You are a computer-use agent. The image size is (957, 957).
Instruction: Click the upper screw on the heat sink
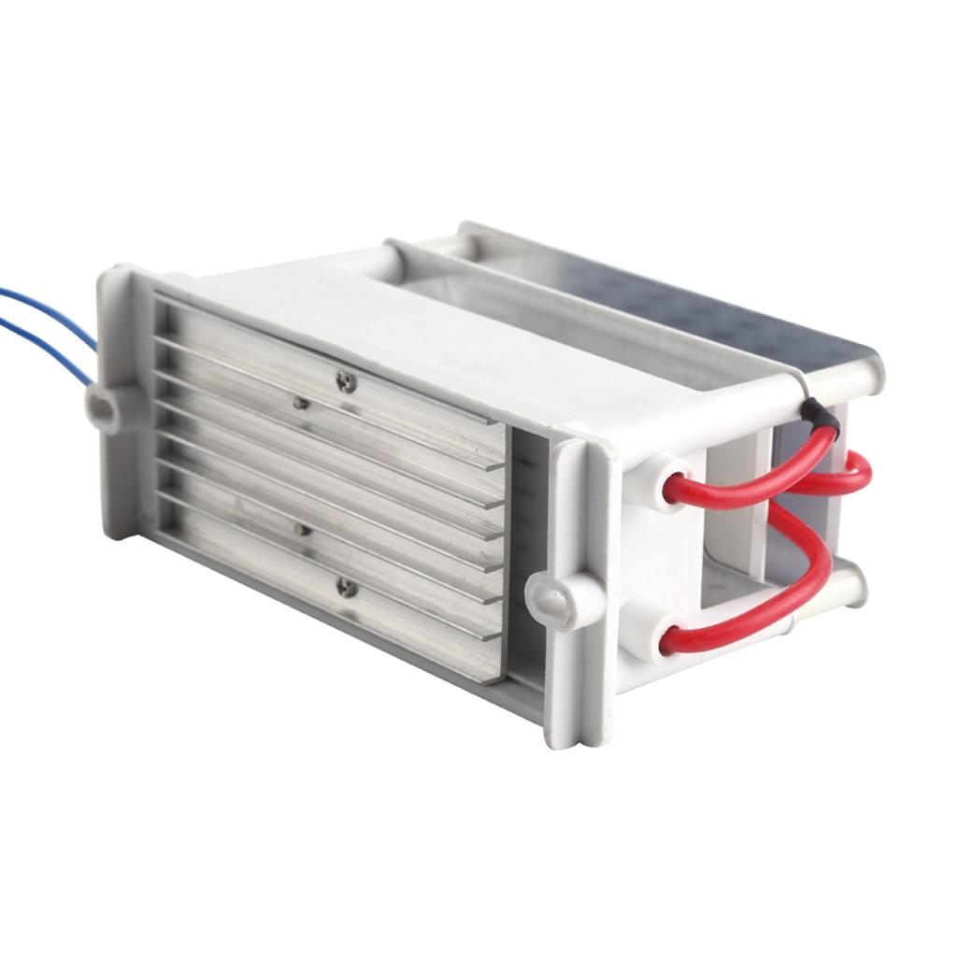click(x=347, y=381)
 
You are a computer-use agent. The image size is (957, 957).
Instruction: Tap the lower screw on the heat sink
click(x=347, y=587)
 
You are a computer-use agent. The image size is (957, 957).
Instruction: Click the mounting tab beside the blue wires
click(x=105, y=407)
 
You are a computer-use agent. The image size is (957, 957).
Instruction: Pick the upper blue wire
click(x=47, y=308)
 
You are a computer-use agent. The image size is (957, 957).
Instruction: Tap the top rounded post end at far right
click(x=864, y=374)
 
